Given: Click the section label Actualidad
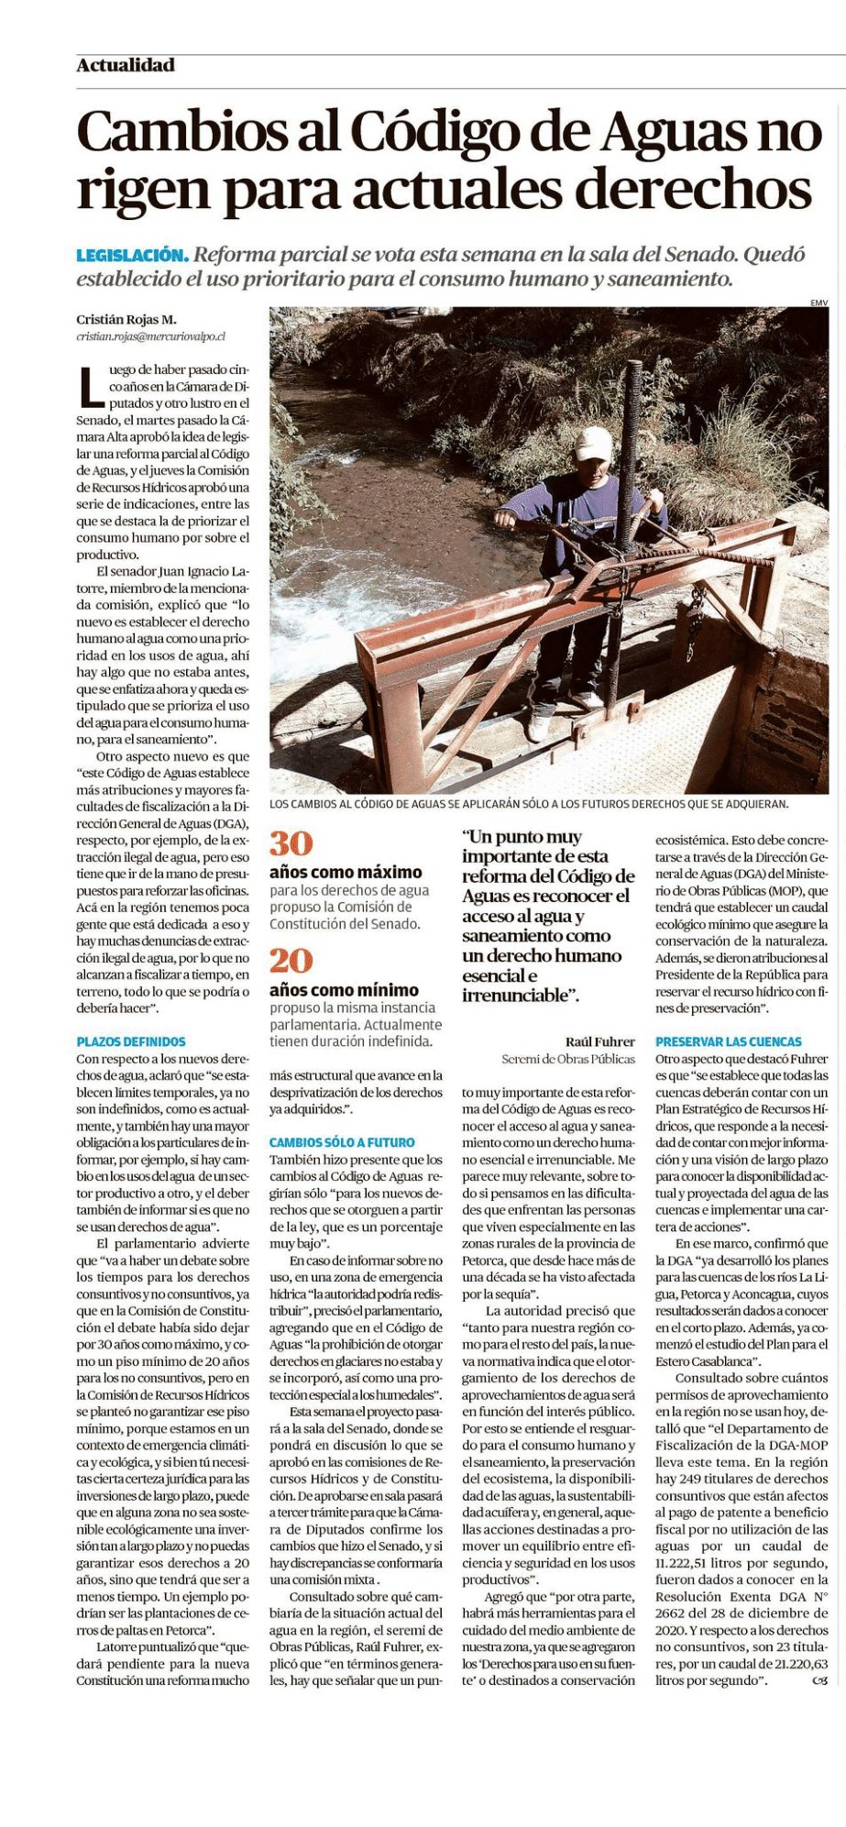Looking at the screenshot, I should click(x=126, y=65).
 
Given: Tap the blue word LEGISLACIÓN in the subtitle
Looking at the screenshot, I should click(x=132, y=255).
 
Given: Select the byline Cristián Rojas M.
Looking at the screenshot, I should click(x=126, y=320).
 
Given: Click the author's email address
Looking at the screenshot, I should click(x=150, y=337).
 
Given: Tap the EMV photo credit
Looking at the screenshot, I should click(x=819, y=303).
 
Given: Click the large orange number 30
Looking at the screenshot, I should click(x=291, y=843).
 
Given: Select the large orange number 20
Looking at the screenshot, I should click(x=291, y=960).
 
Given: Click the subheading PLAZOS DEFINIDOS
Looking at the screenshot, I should click(x=131, y=1041).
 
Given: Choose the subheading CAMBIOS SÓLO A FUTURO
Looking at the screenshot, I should click(x=342, y=1142).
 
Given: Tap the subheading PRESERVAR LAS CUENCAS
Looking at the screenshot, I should click(x=728, y=1041).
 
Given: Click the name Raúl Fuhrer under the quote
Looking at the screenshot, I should click(x=599, y=1041).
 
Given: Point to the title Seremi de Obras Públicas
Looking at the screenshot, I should click(x=568, y=1059).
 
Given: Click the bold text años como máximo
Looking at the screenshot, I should click(x=346, y=872).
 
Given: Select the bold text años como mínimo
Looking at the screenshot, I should click(x=344, y=990).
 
